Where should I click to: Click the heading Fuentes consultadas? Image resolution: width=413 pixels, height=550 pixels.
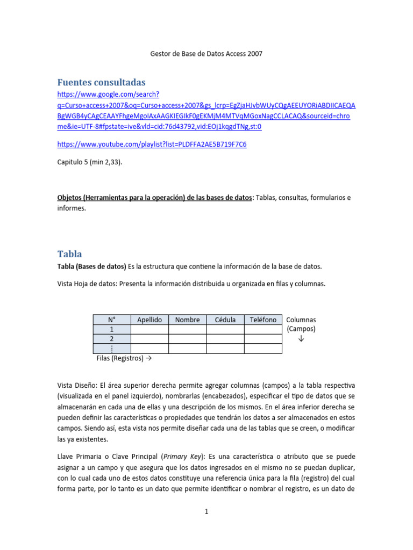(102, 82)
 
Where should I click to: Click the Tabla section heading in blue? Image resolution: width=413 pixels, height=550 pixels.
(70, 254)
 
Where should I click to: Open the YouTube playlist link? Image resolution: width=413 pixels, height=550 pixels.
(152, 144)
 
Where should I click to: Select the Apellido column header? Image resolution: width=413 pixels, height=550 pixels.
(149, 320)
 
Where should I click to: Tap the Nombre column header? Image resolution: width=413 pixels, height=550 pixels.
(187, 320)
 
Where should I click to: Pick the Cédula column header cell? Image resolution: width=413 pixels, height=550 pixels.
(225, 320)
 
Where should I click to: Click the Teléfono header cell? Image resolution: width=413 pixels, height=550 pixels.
(263, 320)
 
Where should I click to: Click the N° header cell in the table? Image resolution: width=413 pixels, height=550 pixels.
(112, 320)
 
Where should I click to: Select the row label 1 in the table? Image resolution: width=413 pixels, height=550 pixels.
(112, 329)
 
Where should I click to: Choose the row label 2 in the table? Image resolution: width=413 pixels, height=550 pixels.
(112, 339)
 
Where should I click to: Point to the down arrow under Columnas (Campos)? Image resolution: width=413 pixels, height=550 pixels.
(301, 338)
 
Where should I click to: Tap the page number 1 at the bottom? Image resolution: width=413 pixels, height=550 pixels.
(206, 512)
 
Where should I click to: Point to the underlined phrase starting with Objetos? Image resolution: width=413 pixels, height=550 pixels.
(154, 198)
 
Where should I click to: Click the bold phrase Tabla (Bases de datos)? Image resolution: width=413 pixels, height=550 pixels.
(91, 266)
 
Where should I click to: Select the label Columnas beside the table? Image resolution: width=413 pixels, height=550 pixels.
(301, 320)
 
